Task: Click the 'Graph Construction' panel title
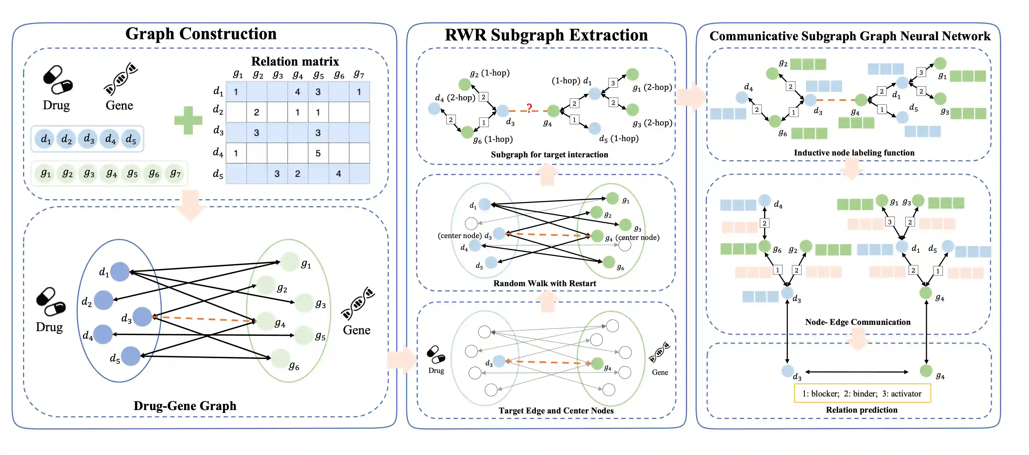(x=201, y=34)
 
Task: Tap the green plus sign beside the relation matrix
(x=188, y=120)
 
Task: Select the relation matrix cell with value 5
(x=318, y=153)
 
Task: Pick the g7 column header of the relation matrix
(x=359, y=74)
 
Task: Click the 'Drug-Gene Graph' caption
(x=185, y=406)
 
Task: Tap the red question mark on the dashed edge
(x=529, y=108)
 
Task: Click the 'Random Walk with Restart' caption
(x=544, y=283)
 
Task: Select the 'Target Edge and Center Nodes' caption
(x=556, y=411)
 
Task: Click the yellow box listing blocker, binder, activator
(x=862, y=394)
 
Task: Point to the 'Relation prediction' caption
(x=861, y=410)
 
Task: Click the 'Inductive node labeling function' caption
(x=854, y=153)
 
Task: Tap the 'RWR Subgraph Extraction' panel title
(x=546, y=35)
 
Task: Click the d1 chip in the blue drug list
(x=46, y=139)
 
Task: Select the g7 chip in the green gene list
(x=175, y=174)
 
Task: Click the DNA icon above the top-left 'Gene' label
(x=120, y=79)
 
